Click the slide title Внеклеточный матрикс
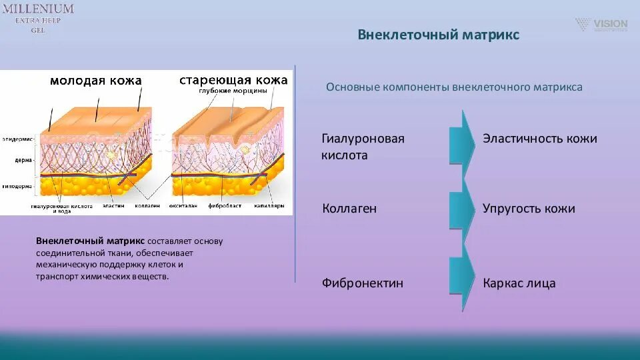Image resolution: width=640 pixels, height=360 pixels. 438,34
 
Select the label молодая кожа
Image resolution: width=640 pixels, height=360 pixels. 96,81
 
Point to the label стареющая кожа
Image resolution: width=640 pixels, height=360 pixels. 233,80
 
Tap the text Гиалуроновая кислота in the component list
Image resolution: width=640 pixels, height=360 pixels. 363,147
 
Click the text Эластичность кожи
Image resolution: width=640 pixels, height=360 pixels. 539,139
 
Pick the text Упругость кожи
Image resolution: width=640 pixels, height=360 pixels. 528,209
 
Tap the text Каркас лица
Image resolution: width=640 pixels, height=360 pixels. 519,283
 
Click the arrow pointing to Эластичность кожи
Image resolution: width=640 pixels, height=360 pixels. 461,139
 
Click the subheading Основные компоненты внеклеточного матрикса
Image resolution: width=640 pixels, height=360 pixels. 454,87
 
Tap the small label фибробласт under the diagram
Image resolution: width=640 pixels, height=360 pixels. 221,206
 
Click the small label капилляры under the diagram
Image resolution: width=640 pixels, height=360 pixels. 269,206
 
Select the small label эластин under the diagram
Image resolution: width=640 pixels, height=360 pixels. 113,206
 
